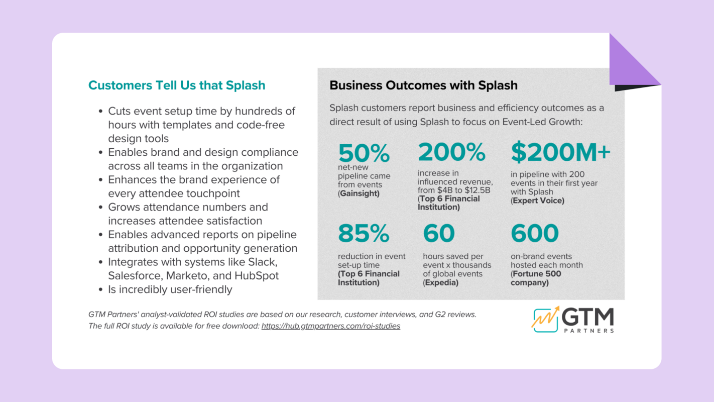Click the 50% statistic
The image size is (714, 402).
click(x=364, y=153)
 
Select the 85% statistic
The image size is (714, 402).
click(x=364, y=234)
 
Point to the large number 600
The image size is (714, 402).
click(x=534, y=234)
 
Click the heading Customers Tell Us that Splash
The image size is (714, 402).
click(x=177, y=85)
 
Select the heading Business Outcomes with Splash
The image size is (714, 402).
click(x=423, y=85)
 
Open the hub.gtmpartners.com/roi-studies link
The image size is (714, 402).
click(x=330, y=326)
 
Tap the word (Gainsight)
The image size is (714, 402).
click(x=359, y=193)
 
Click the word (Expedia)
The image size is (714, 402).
click(x=440, y=282)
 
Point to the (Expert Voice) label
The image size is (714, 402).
click(x=537, y=200)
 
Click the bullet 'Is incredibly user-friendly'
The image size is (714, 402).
click(x=170, y=289)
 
